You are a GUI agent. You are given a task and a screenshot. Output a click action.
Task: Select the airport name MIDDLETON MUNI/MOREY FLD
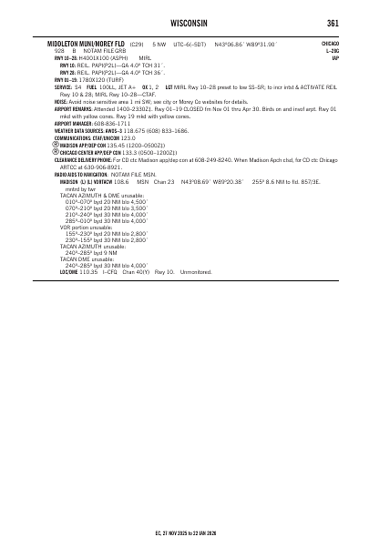(x=86, y=44)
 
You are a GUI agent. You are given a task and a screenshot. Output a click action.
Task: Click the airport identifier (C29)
(x=138, y=44)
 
